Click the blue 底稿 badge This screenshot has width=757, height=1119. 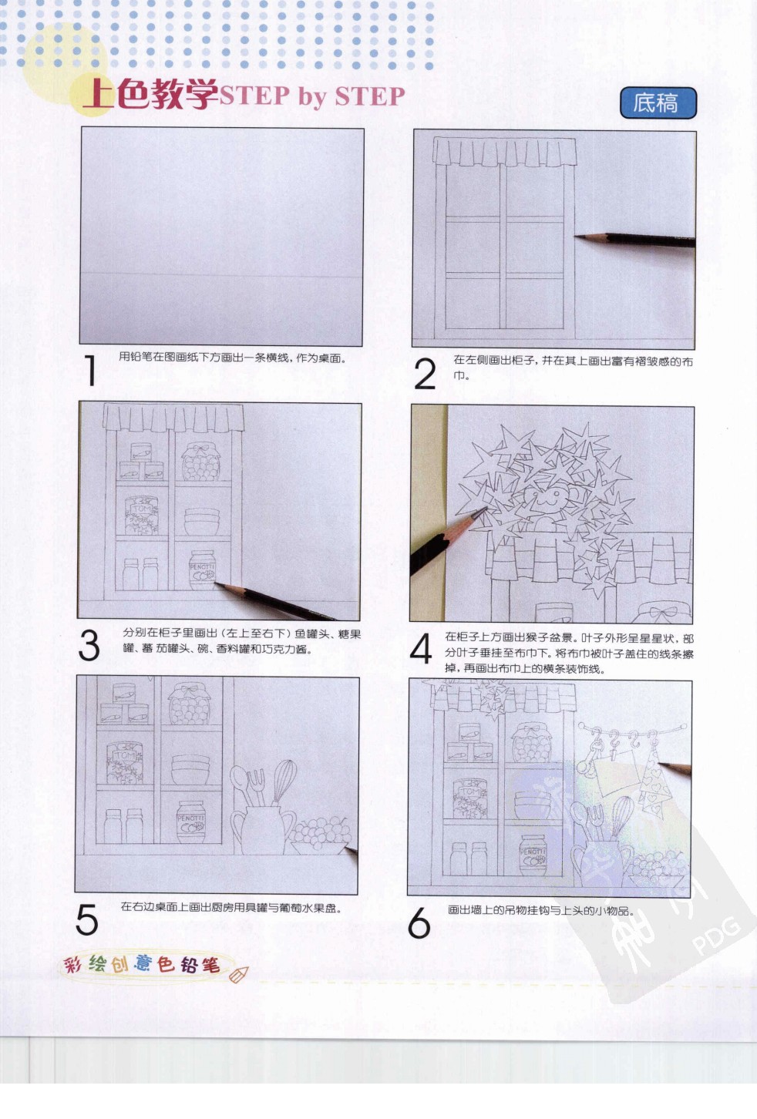pos(658,102)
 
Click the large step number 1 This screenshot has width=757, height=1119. pos(90,371)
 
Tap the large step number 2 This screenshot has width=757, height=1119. pos(425,375)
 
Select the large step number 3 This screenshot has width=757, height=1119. pos(89,645)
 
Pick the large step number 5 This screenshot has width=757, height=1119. pos(87,919)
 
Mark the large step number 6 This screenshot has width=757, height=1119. pos(419,922)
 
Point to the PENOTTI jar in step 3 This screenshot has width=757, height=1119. pos(202,570)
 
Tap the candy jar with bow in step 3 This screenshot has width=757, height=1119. pos(200,462)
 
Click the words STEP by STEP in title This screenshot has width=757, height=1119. pos(312,96)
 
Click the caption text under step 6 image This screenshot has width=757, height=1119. pos(540,910)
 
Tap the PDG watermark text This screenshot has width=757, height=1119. pos(716,936)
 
